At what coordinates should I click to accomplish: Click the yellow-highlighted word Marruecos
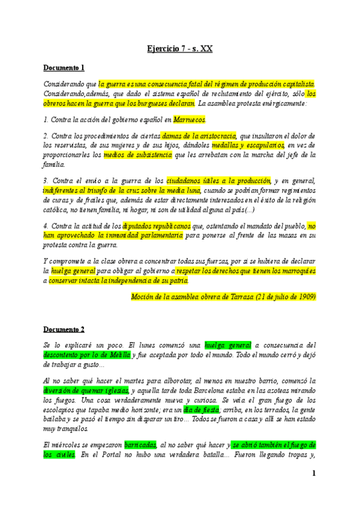[190, 120]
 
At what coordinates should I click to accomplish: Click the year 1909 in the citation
[305, 297]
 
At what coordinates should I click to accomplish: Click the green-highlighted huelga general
[228, 346]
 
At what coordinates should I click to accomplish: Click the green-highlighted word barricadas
[140, 445]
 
